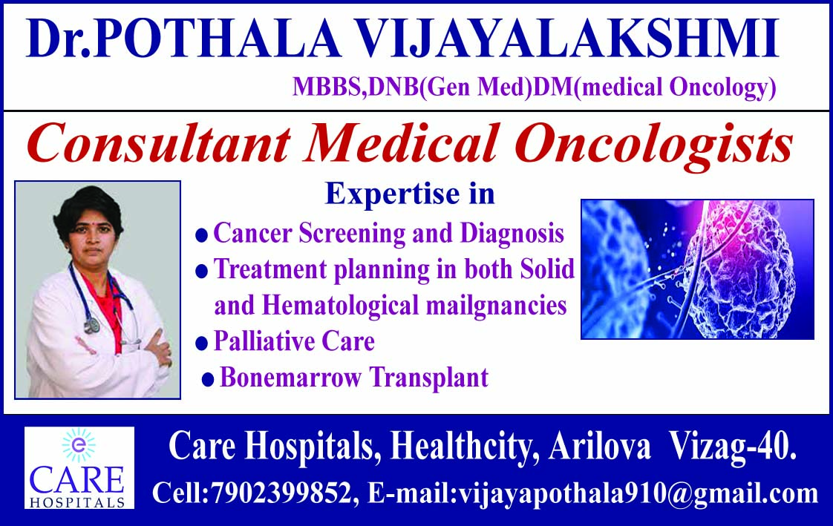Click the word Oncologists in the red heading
(x=654, y=144)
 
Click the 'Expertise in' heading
(x=410, y=194)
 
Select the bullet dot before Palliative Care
(x=201, y=343)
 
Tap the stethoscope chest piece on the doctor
(x=91, y=324)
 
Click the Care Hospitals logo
(x=79, y=467)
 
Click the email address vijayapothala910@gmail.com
(x=636, y=493)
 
